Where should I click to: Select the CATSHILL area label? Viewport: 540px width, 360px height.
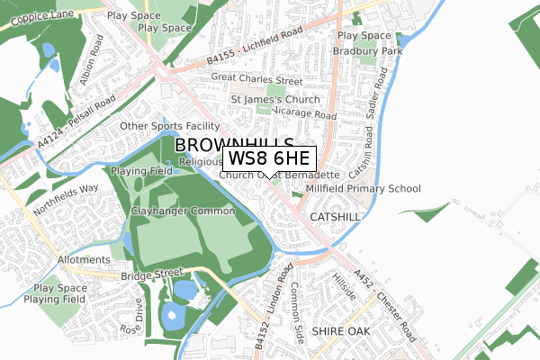[x=335, y=218]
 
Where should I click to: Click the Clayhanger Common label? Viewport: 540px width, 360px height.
[x=183, y=211]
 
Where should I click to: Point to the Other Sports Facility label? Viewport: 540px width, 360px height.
[x=169, y=126]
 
